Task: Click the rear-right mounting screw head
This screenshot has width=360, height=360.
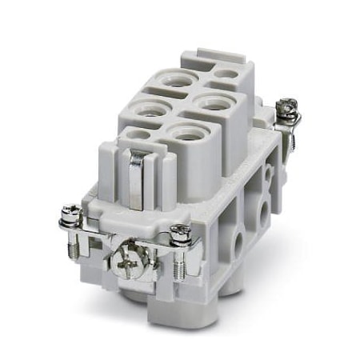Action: point(286,106)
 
